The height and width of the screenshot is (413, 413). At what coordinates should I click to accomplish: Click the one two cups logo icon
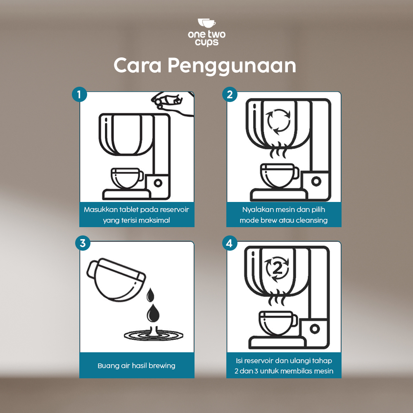click(207, 23)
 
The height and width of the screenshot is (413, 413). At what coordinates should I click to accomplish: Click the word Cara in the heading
click(137, 65)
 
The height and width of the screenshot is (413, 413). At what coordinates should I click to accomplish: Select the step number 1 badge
click(79, 94)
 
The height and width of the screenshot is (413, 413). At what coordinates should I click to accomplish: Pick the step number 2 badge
click(230, 94)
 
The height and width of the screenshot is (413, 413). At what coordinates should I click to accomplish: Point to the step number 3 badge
click(83, 243)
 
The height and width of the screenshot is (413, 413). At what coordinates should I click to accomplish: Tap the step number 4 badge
click(230, 243)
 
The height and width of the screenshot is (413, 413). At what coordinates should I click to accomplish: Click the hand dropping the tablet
click(173, 104)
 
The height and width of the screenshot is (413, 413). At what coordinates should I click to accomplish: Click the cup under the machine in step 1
click(127, 178)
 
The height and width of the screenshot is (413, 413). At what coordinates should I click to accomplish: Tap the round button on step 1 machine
click(158, 183)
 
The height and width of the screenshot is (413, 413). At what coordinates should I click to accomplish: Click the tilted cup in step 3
click(116, 280)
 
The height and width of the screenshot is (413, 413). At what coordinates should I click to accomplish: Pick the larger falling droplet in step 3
click(153, 313)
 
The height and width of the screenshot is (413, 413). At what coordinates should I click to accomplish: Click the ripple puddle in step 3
click(154, 335)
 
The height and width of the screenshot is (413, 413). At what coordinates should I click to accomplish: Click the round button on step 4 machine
click(314, 329)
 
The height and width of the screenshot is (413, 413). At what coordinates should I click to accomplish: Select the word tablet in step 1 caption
click(129, 210)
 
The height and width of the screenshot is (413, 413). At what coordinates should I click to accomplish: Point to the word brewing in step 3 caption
click(162, 366)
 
